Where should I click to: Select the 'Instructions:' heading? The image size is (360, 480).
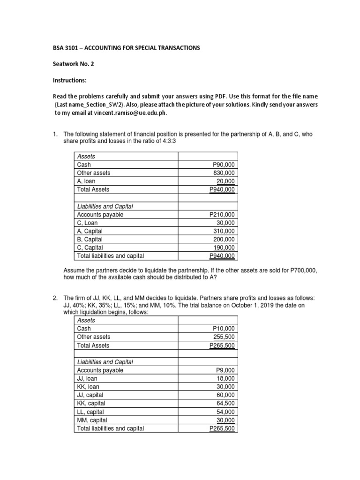pyautogui.click(x=72, y=81)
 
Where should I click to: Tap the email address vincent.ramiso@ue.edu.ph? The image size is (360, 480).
pyautogui.click(x=130, y=113)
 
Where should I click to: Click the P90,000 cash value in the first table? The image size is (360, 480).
pyautogui.click(x=224, y=165)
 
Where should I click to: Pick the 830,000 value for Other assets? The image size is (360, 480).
pyautogui.click(x=225, y=173)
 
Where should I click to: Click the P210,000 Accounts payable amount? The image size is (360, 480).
pyautogui.click(x=222, y=215)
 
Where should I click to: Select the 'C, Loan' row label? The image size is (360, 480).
pyautogui.click(x=88, y=223)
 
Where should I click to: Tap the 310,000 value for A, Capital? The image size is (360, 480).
pyautogui.click(x=225, y=231)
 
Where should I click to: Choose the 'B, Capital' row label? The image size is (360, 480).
pyautogui.click(x=91, y=240)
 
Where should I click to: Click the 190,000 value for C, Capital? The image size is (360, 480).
pyautogui.click(x=225, y=247)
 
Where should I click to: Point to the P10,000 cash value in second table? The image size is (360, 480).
pyautogui.click(x=224, y=329)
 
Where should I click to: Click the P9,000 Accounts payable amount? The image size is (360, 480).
pyautogui.click(x=225, y=370)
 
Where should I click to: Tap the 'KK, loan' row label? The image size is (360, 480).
pyautogui.click(x=88, y=387)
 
